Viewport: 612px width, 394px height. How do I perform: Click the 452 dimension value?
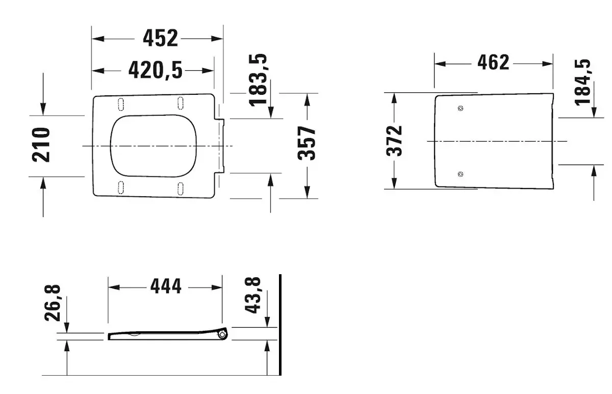(160, 38)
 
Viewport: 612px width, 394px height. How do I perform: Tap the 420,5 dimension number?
(155, 70)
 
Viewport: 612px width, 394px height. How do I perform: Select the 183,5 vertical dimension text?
(258, 80)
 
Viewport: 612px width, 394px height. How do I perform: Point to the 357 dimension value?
(307, 143)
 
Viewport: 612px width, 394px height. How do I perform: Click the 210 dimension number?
(41, 145)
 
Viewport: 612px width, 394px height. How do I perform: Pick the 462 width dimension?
(493, 63)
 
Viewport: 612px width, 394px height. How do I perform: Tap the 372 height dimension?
(394, 141)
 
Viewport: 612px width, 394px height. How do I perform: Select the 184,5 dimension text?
(582, 83)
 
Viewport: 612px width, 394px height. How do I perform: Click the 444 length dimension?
(166, 286)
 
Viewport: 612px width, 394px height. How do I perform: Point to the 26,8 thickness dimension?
(53, 303)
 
